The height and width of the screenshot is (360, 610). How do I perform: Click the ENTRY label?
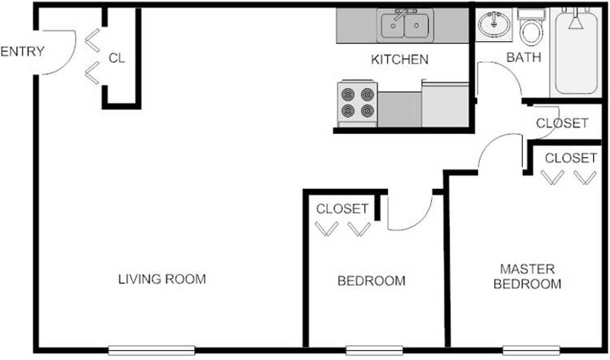coord(22,51)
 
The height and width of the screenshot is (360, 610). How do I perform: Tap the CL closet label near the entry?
coord(117,59)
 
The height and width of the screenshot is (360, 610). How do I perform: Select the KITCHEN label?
coord(399,60)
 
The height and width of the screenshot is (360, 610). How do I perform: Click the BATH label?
coord(524,58)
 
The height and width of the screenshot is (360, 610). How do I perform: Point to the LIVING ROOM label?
coord(162,279)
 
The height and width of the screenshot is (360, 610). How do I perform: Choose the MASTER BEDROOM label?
coord(527,277)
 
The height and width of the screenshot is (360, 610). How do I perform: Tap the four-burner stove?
coord(357,103)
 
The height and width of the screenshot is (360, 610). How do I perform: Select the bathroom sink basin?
coord(494,23)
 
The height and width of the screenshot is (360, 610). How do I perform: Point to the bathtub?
coord(576,51)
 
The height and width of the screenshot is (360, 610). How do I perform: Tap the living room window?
coord(152,350)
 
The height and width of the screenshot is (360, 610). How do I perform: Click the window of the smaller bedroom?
coord(374,350)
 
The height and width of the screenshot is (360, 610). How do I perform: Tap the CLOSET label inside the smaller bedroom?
coord(342,209)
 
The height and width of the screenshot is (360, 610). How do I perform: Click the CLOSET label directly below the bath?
coord(562,123)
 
